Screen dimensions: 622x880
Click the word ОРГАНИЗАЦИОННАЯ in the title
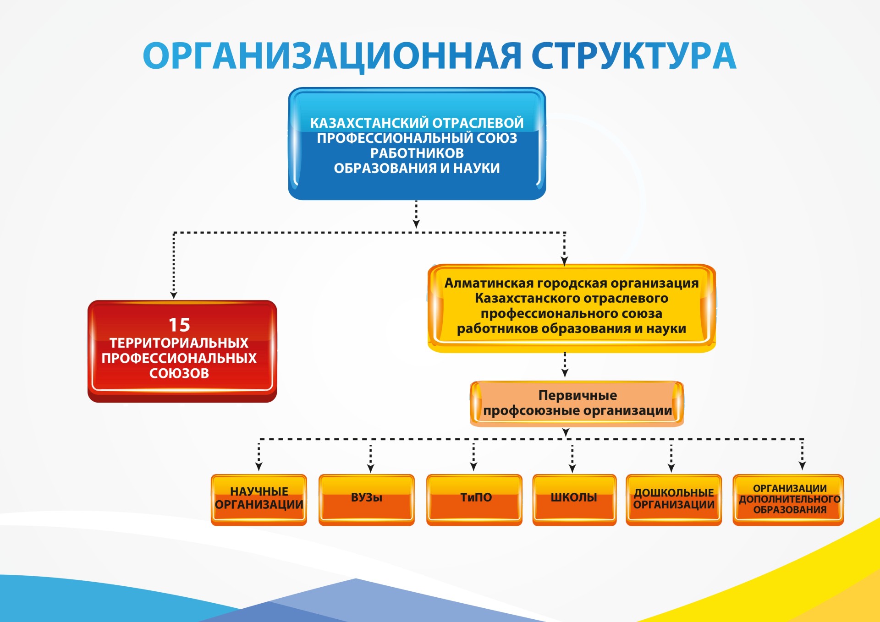[x=332, y=56]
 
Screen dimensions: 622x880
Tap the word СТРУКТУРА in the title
[x=633, y=56]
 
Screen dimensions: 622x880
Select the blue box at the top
[x=417, y=144]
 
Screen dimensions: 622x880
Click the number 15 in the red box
[x=179, y=325]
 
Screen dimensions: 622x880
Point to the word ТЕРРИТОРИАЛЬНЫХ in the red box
[x=179, y=343]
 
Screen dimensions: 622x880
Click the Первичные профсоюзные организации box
[x=577, y=403]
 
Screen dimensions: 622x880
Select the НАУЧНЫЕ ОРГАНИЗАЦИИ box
[x=259, y=499]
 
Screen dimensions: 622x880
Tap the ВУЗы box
[x=367, y=499]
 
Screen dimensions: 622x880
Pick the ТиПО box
[x=474, y=499]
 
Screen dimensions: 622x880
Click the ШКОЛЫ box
[x=574, y=499]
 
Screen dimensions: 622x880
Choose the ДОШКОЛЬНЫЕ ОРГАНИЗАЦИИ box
[x=674, y=499]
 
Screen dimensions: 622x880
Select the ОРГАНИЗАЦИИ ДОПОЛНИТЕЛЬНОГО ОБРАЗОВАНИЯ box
[x=788, y=499]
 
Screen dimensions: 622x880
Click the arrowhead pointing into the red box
[x=174, y=295]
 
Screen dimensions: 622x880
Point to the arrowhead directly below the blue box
[x=416, y=224]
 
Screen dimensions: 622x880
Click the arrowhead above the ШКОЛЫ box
[x=572, y=468]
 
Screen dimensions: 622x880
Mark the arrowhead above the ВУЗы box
[x=371, y=468]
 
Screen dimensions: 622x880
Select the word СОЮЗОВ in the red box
[x=179, y=373]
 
